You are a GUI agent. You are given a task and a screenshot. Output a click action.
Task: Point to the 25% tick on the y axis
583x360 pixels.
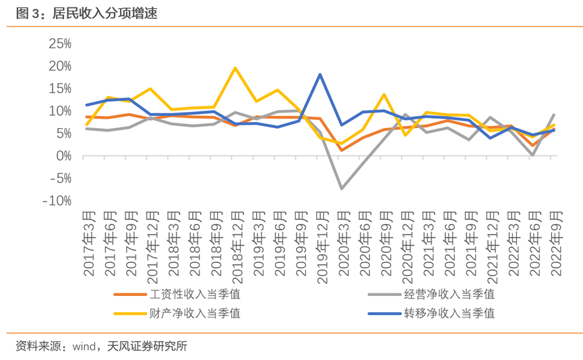coord(59,44)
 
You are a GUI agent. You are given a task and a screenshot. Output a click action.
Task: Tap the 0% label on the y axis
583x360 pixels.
coord(64,156)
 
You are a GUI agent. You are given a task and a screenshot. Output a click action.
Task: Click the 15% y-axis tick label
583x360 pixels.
coord(59,88)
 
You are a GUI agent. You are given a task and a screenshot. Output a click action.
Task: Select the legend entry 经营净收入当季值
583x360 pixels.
coord(448,294)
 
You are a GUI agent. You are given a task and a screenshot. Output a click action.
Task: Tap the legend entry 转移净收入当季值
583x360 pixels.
coord(448,313)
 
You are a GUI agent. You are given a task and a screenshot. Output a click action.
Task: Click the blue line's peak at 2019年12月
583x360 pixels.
coord(320,74)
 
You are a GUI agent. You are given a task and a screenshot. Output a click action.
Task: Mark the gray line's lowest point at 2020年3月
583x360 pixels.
coord(342,189)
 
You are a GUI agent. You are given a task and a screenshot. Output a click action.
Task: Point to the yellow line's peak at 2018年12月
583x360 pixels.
coord(235,67)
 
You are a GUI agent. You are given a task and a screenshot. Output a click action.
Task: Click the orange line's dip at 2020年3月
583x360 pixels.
coord(342,150)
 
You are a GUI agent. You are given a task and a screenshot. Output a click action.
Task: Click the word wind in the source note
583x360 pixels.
coord(85,347)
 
